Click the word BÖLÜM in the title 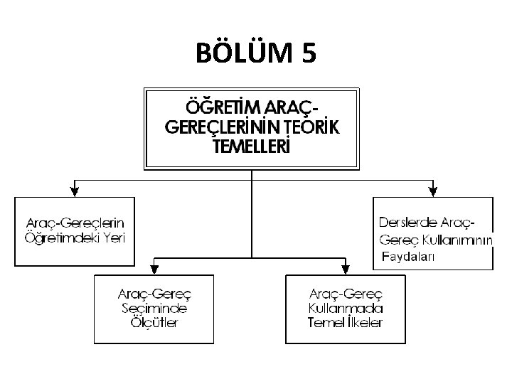241,54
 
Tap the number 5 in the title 309,54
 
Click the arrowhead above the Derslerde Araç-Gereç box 433,190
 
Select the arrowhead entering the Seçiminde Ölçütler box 155,269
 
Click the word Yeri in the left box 112,238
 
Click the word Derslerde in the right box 406,222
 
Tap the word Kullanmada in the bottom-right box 346,309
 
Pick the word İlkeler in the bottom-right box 363,323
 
